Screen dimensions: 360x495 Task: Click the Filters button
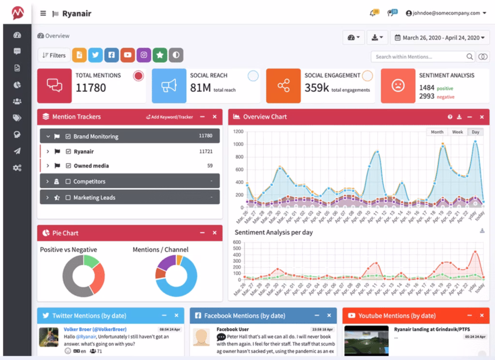point(54,55)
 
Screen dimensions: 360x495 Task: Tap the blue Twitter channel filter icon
point(96,55)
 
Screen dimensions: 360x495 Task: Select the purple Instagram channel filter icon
point(144,55)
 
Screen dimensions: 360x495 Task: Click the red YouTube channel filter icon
point(128,55)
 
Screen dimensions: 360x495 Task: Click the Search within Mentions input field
point(420,57)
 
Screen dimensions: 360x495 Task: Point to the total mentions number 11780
point(91,88)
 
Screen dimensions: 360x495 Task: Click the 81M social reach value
point(200,88)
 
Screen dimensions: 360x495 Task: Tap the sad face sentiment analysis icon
point(397,86)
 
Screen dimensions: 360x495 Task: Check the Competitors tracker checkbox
point(68,181)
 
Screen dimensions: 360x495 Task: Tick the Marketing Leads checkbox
point(68,197)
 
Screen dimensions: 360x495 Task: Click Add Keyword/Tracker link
point(169,117)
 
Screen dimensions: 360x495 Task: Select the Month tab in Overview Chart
point(437,132)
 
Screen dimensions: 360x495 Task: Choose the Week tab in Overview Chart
point(457,132)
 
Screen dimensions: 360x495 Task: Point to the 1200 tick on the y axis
point(238,131)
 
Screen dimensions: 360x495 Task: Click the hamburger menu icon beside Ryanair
point(43,14)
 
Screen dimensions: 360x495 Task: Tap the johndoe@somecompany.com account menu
point(446,13)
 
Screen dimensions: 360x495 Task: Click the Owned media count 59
point(210,165)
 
